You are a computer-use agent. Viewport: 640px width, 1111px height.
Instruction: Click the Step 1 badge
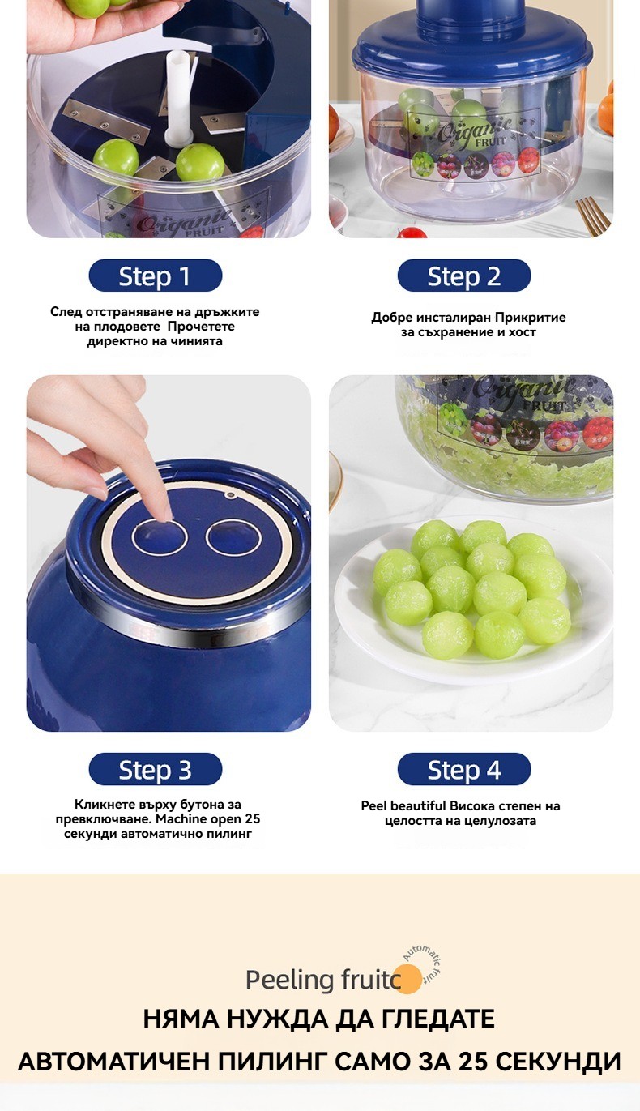click(156, 276)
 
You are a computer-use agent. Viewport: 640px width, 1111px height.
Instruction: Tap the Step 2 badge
click(464, 276)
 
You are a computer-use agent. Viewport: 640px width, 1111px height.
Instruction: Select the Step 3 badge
click(156, 769)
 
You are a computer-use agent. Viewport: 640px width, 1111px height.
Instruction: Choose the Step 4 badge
click(464, 769)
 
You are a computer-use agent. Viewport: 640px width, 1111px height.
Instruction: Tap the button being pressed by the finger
click(159, 536)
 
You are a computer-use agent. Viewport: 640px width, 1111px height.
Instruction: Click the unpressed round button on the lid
click(233, 536)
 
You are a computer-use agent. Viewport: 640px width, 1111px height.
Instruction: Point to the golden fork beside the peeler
click(591, 214)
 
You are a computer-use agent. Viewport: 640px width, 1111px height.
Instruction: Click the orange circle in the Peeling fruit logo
click(408, 980)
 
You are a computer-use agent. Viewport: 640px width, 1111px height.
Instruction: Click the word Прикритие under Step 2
click(530, 318)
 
